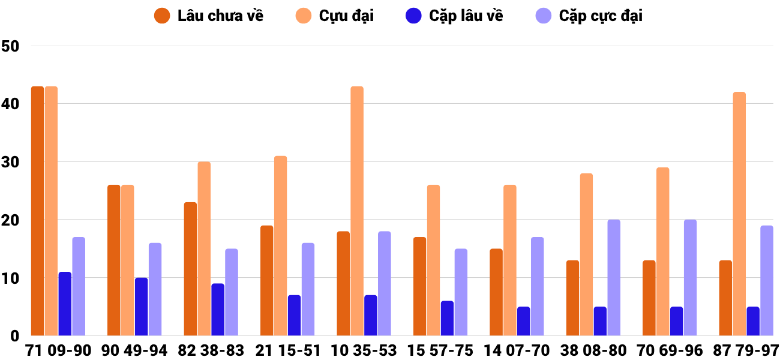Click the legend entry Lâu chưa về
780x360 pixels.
[209, 16]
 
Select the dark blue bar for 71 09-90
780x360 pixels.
[65, 304]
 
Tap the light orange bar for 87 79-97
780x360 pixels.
[739, 214]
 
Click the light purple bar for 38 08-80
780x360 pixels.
[614, 278]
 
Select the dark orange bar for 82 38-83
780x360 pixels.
[190, 269]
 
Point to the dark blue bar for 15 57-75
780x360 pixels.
[447, 318]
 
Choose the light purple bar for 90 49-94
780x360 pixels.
[155, 289]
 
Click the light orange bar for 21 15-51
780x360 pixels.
[281, 246]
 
